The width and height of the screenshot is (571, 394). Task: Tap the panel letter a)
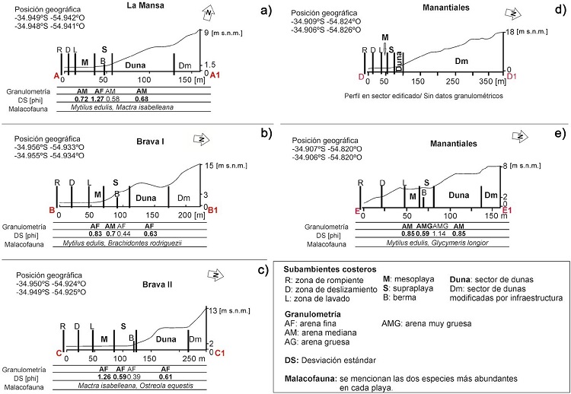click(265, 10)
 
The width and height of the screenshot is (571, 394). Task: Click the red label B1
click(213, 210)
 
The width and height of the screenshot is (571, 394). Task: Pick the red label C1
click(220, 353)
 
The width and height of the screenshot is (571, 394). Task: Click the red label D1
click(512, 76)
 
